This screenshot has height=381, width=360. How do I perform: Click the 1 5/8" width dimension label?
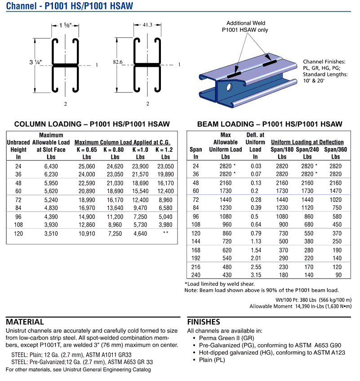pos(66,26)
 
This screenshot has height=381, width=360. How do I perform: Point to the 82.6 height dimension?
pos(117,62)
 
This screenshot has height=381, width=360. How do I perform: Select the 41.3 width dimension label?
pos(147,26)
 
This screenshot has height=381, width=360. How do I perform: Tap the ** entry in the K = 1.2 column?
pos(165,233)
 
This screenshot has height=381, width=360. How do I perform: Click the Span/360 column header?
pos(335,150)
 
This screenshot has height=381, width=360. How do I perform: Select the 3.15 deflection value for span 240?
pos(256,275)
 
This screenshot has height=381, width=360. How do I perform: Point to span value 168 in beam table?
pos(196,250)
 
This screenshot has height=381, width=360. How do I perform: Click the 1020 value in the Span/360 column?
pos(335,199)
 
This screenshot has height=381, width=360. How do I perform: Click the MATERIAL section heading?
pos(25,322)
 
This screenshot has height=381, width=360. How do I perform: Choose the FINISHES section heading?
pos(203,322)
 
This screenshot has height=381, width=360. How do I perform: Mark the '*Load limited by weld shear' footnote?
pos(219,284)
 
